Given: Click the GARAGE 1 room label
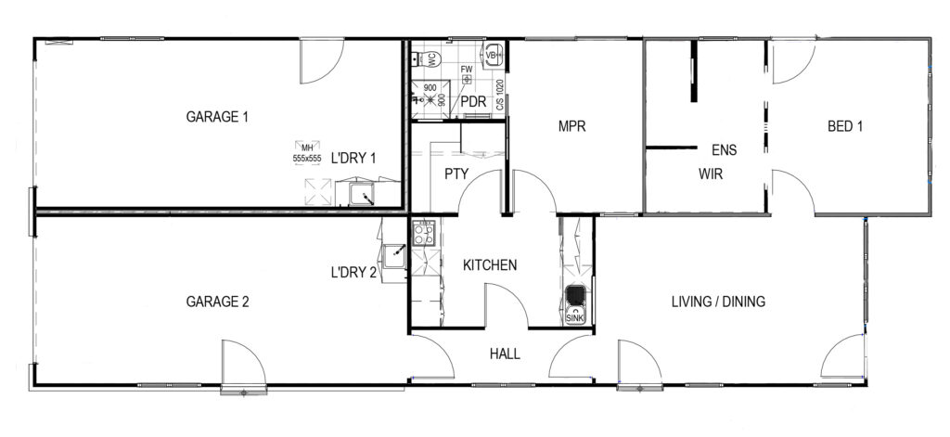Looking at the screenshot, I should pos(218,118).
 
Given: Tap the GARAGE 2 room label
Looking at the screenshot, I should pos(218,302).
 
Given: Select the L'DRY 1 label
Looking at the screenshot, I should pos(353,158).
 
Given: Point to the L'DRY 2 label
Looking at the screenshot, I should pos(353,274).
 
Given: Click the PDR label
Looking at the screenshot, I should pos(474,101).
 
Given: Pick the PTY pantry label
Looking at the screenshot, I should pos(456,174).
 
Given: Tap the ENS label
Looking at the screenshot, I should pos(724,149).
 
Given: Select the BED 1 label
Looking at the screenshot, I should pos(845,127).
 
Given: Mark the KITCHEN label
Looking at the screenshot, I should pos(490,265).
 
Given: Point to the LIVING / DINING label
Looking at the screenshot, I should pos(717,302).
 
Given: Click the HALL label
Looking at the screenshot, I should pos(504,353).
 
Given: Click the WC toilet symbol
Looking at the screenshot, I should pos(430,58).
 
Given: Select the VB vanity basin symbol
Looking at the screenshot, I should pos(492,53).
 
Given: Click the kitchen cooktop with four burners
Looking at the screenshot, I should pos(423,233).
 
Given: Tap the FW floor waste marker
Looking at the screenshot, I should pos(467,74).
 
